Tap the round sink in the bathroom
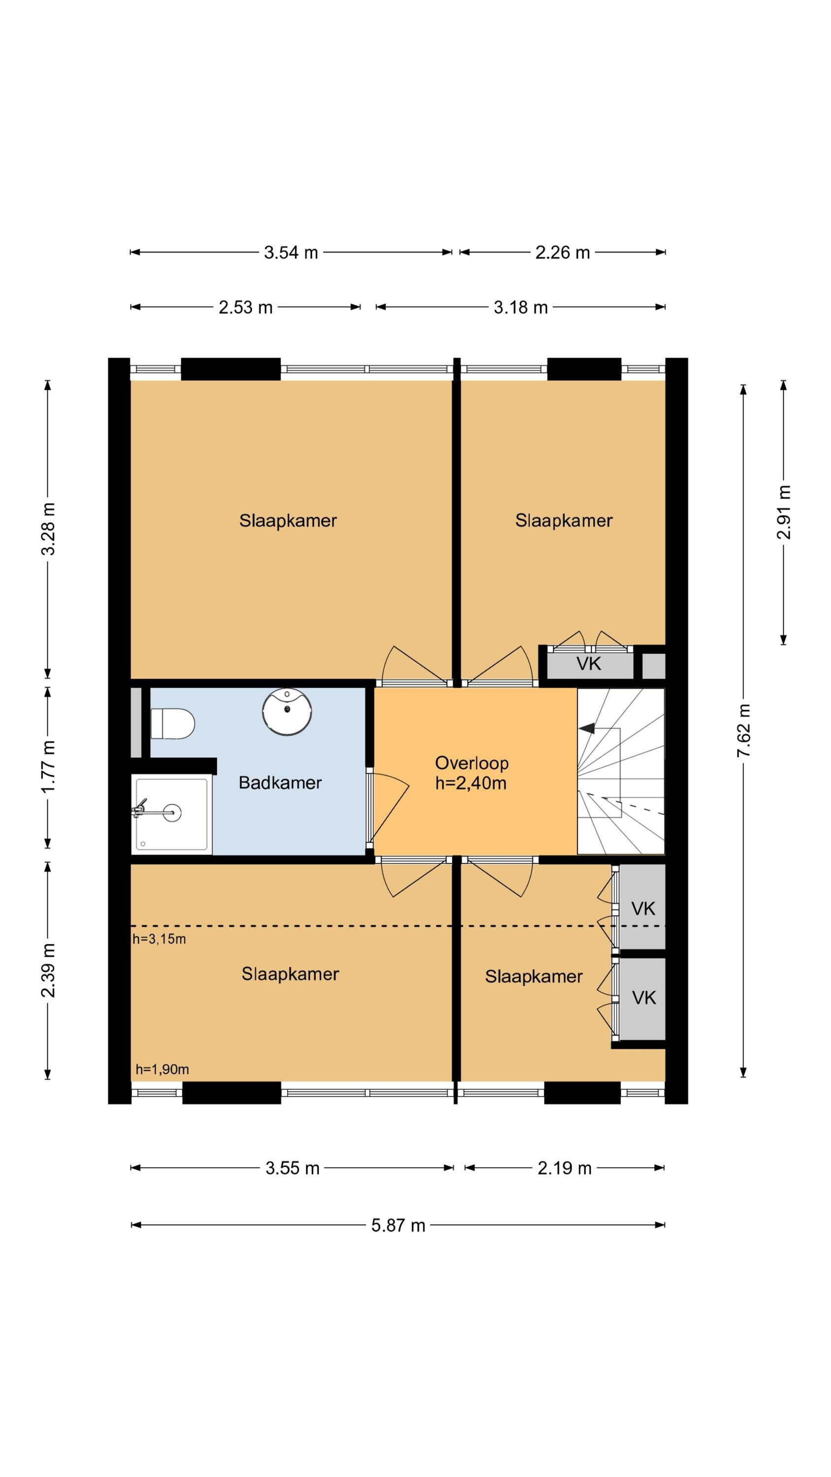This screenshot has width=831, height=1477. tap(287, 711)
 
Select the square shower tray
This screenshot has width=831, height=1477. tap(171, 814)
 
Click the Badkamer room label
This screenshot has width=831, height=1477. tap(280, 783)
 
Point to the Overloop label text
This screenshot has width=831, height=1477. tap(472, 763)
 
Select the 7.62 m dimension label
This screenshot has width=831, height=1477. tap(743, 731)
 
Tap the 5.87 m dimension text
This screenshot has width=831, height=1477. tap(398, 1225)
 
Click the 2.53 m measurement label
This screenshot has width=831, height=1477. tap(246, 307)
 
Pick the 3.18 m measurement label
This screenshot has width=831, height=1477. tap(521, 307)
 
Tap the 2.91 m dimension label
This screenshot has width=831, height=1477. tap(783, 512)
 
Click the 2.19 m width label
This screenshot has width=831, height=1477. tap(564, 1168)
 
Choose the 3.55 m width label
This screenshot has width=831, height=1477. tap(292, 1168)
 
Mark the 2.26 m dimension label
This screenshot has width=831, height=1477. tap(563, 252)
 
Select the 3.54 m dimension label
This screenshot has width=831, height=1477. tap(291, 252)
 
